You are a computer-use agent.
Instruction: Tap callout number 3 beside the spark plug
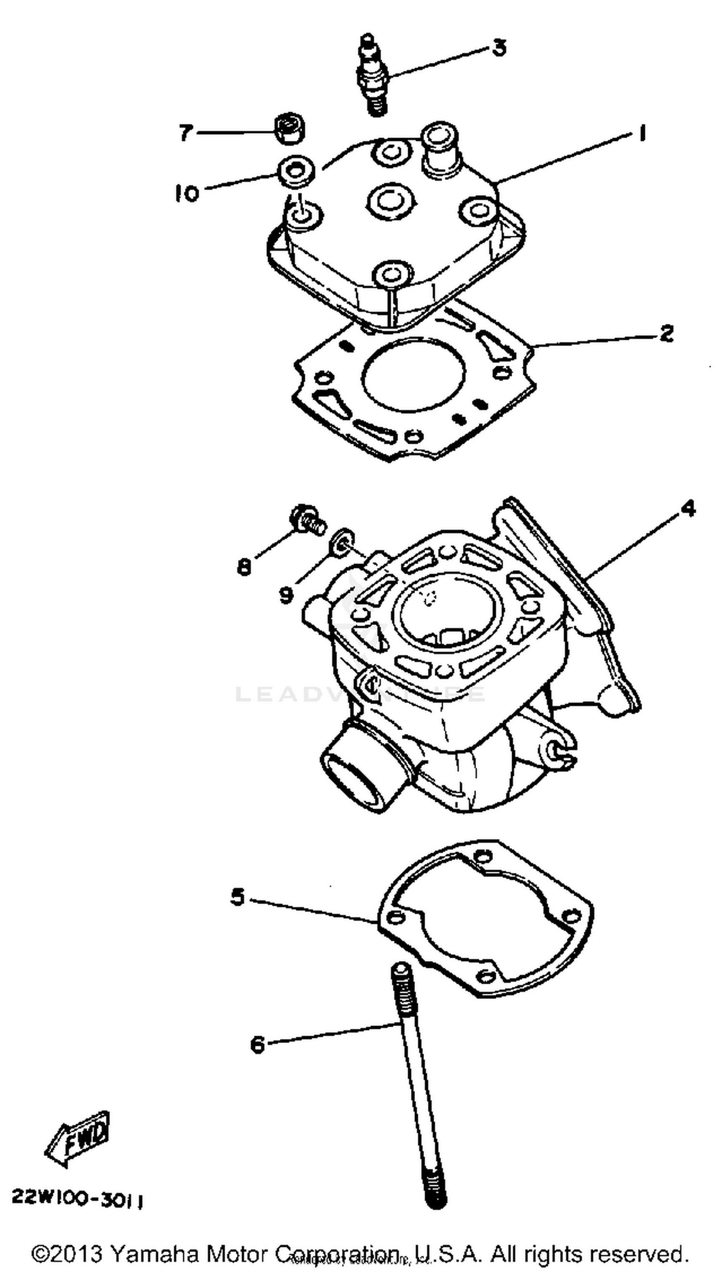point(498,48)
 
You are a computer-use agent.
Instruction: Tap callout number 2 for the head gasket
point(667,333)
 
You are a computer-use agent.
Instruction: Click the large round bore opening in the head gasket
point(414,377)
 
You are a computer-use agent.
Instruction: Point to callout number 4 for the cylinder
point(688,508)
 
